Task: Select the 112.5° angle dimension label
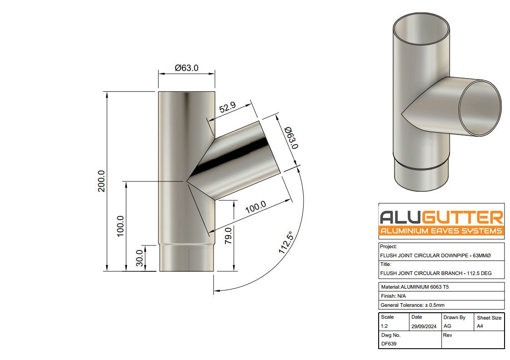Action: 285,242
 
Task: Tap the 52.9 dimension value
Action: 227,108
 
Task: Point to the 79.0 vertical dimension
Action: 228,236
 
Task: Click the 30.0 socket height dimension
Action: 140,259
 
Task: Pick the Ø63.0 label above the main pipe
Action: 186,68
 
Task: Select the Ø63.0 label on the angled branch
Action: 291,138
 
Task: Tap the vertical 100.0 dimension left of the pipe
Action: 120,226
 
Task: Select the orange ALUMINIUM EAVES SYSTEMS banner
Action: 441,231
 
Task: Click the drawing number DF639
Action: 389,344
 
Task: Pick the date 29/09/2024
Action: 423,326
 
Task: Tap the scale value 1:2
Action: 385,326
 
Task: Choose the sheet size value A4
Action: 480,326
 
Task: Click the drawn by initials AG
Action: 447,326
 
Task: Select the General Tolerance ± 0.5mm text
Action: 419,305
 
